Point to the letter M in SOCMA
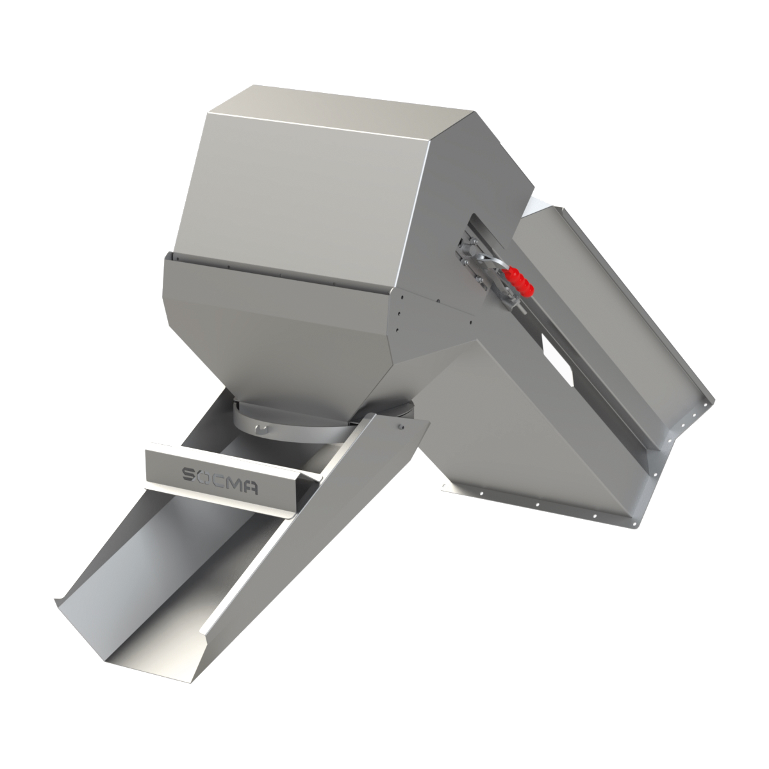(x=235, y=477)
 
